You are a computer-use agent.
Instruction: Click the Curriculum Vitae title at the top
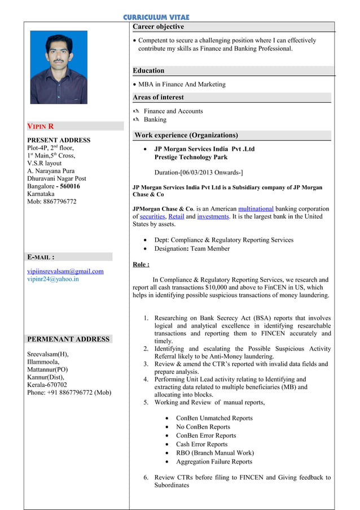click(x=156, y=18)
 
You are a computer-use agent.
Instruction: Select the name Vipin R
click(x=41, y=126)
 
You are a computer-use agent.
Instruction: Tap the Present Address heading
click(x=59, y=140)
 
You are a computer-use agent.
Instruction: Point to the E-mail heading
click(x=41, y=257)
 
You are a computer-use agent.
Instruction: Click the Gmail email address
click(x=65, y=271)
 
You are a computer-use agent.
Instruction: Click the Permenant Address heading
click(x=68, y=339)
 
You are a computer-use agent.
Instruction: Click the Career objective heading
click(x=158, y=27)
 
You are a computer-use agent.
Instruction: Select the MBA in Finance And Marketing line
click(x=182, y=84)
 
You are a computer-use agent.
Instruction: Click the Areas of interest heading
click(x=158, y=97)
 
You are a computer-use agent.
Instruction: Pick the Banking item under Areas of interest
click(x=155, y=120)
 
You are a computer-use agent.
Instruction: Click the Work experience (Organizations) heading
click(x=186, y=136)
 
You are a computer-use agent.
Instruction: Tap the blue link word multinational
click(x=256, y=208)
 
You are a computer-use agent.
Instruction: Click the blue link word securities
click(x=152, y=216)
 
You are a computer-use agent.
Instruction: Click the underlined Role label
click(x=141, y=264)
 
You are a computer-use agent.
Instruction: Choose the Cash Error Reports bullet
click(x=201, y=444)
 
